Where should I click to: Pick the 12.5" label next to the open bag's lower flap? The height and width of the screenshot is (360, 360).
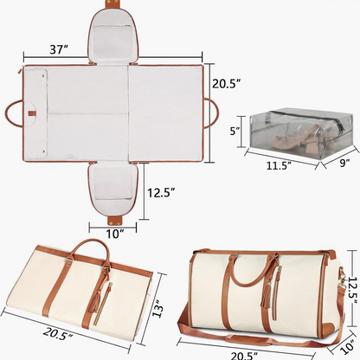[x=164, y=191]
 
